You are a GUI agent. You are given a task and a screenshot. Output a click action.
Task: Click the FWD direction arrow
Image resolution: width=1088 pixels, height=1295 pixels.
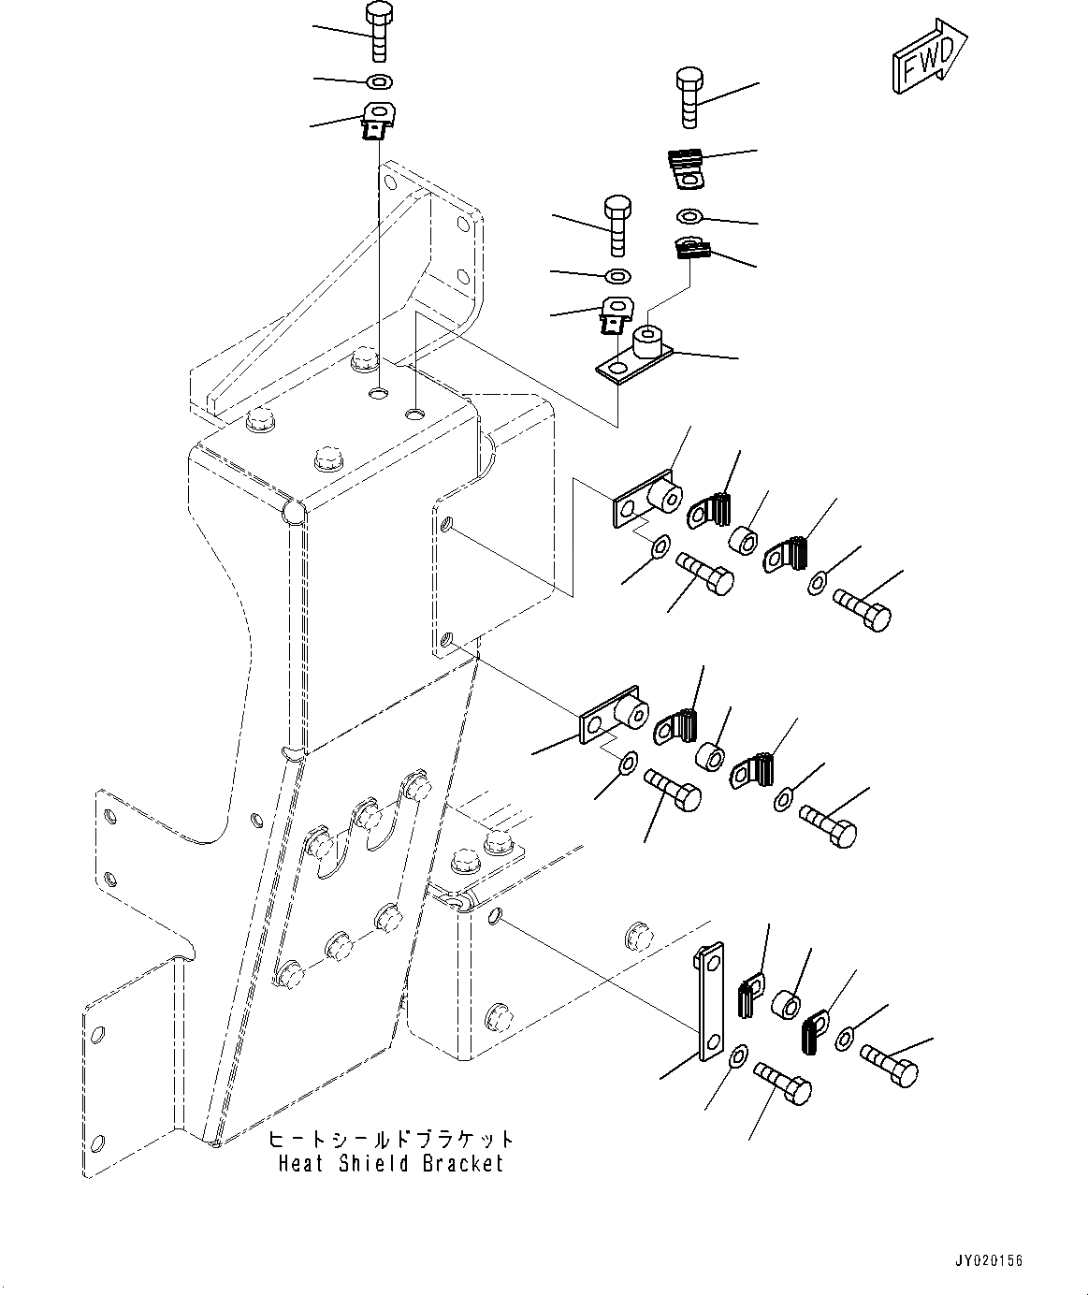point(928,58)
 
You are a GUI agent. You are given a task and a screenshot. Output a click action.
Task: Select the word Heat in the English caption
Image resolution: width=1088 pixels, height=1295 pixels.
point(297,1163)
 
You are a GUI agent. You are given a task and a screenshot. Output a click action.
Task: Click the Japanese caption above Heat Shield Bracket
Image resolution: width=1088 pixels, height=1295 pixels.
point(391,1140)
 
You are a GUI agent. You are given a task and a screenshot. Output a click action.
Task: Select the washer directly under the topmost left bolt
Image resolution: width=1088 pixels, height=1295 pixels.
point(380,80)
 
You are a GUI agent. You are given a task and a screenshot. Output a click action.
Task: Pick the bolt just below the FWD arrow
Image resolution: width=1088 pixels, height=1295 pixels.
point(688,95)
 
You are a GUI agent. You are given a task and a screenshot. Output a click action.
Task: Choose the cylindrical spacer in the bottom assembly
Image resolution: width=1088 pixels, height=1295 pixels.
point(785,1007)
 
